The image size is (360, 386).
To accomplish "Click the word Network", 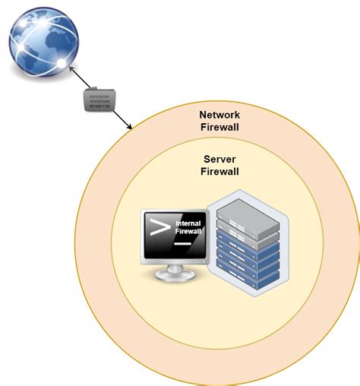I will (219, 115).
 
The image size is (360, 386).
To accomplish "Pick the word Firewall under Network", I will (219, 128).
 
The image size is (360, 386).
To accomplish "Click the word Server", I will (219, 160).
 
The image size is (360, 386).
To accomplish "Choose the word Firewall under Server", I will (219, 172).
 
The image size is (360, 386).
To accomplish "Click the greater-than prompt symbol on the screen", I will (159, 228).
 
